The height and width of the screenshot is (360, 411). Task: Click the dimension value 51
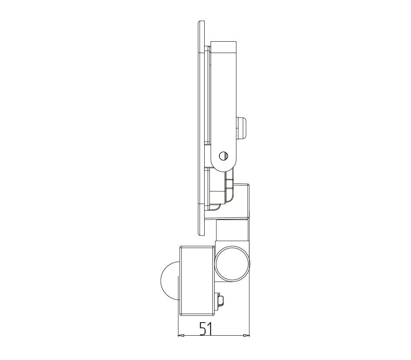[205, 329]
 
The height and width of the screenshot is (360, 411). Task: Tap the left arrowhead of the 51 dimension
[181, 335]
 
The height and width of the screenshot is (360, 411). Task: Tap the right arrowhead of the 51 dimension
[247, 335]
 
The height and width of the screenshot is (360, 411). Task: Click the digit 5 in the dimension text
[202, 329]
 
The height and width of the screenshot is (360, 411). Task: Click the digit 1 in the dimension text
[209, 329]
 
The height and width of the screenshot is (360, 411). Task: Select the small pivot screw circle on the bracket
[224, 156]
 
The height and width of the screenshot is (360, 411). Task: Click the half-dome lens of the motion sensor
[169, 280]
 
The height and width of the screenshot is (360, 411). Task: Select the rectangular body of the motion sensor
[197, 281]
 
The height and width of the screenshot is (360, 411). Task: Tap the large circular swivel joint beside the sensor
[232, 264]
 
